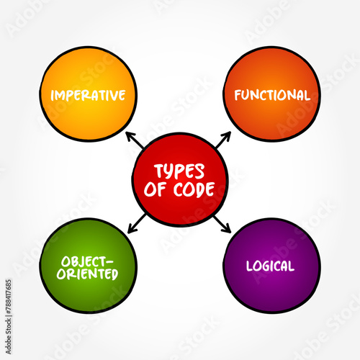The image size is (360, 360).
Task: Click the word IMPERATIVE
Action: tap(88, 95)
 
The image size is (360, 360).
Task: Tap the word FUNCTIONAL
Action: tap(272, 95)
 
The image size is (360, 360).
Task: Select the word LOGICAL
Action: tap(270, 266)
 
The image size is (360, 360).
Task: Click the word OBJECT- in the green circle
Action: tap(87, 261)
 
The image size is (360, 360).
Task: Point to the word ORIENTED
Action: tap(87, 274)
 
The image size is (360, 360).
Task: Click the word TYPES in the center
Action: tap(179, 171)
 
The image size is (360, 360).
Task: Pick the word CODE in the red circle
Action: tap(194, 189)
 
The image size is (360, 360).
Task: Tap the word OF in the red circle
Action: tap(155, 189)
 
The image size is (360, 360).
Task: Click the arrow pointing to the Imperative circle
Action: tap(135, 140)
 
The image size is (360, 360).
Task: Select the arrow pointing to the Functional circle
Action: tap(223, 140)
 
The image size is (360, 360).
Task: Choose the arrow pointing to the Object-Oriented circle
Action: tap(137, 223)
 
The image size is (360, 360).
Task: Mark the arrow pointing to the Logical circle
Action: tap(222, 224)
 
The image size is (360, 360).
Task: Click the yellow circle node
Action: tap(88, 94)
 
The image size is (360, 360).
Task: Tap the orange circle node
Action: tap(271, 94)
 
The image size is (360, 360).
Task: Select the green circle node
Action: tap(88, 266)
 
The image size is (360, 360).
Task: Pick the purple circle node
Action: tap(271, 266)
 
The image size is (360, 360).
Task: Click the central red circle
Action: tap(180, 179)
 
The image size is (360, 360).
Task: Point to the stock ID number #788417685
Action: tap(9, 297)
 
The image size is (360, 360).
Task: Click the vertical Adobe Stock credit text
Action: tap(9, 317)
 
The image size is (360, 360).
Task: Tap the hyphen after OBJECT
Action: tap(109, 262)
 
